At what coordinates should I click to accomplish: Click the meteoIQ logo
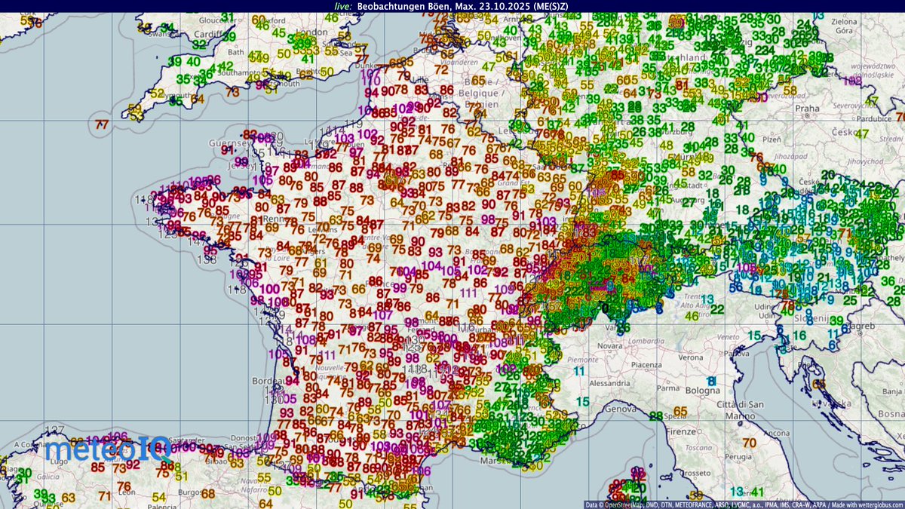pos(97,452)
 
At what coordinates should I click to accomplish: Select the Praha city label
pos(827,109)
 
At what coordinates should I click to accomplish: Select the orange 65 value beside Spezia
pos(680,412)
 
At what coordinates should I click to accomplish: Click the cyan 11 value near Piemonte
pos(578,371)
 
